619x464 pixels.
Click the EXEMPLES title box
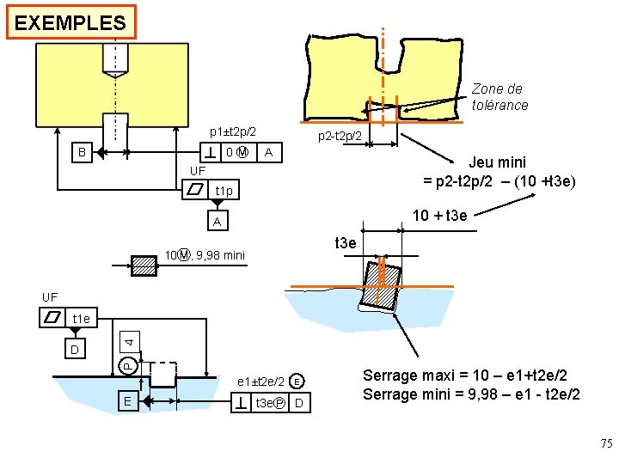coord(70,22)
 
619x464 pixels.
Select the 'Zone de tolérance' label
coord(499,97)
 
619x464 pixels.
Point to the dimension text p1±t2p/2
coord(232,132)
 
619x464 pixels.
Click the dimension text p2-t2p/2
coord(345,137)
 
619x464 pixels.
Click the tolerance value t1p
coord(224,190)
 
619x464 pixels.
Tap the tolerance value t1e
coord(82,319)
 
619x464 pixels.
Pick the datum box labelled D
coord(75,350)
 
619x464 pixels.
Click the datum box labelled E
coord(126,400)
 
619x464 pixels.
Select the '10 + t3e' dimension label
coord(440,215)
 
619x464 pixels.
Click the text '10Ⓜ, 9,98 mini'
coord(205,255)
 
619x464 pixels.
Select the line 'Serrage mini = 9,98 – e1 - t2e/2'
coord(471,394)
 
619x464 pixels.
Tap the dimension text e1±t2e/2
coord(260,382)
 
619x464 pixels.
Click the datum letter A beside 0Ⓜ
coord(269,153)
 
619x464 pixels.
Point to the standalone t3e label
coord(344,243)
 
